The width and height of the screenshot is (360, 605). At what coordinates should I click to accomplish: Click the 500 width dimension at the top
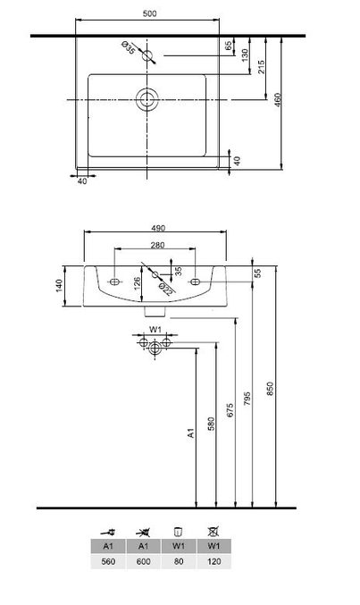tap(150, 14)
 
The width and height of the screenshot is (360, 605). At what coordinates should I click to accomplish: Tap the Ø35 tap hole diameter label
tap(129, 48)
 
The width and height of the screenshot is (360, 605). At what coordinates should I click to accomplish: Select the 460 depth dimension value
tap(278, 100)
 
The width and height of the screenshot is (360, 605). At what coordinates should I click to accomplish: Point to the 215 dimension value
tap(261, 67)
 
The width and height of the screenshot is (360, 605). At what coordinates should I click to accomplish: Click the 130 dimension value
tap(245, 55)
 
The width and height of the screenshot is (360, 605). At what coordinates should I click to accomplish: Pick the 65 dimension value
tap(229, 46)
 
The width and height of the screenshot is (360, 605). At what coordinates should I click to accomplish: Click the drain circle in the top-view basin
tap(147, 99)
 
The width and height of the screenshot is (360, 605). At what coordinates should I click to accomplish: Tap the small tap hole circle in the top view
tap(147, 55)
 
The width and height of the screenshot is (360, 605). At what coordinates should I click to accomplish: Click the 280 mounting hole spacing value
tap(157, 245)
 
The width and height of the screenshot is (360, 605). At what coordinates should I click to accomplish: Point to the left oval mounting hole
tap(114, 281)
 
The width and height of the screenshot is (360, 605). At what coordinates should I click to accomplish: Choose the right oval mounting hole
tap(196, 281)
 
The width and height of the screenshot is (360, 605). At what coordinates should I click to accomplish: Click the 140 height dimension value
tap(59, 286)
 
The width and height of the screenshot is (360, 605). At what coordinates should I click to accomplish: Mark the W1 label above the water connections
tap(155, 330)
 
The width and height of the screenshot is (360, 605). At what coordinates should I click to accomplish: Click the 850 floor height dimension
tap(270, 389)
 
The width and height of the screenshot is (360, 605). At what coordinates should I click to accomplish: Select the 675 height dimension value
tap(230, 410)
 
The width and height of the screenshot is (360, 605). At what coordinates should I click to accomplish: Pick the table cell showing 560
tap(108, 561)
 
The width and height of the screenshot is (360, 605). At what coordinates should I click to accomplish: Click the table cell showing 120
tap(213, 561)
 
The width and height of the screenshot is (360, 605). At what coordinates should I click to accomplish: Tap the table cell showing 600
tap(143, 561)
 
